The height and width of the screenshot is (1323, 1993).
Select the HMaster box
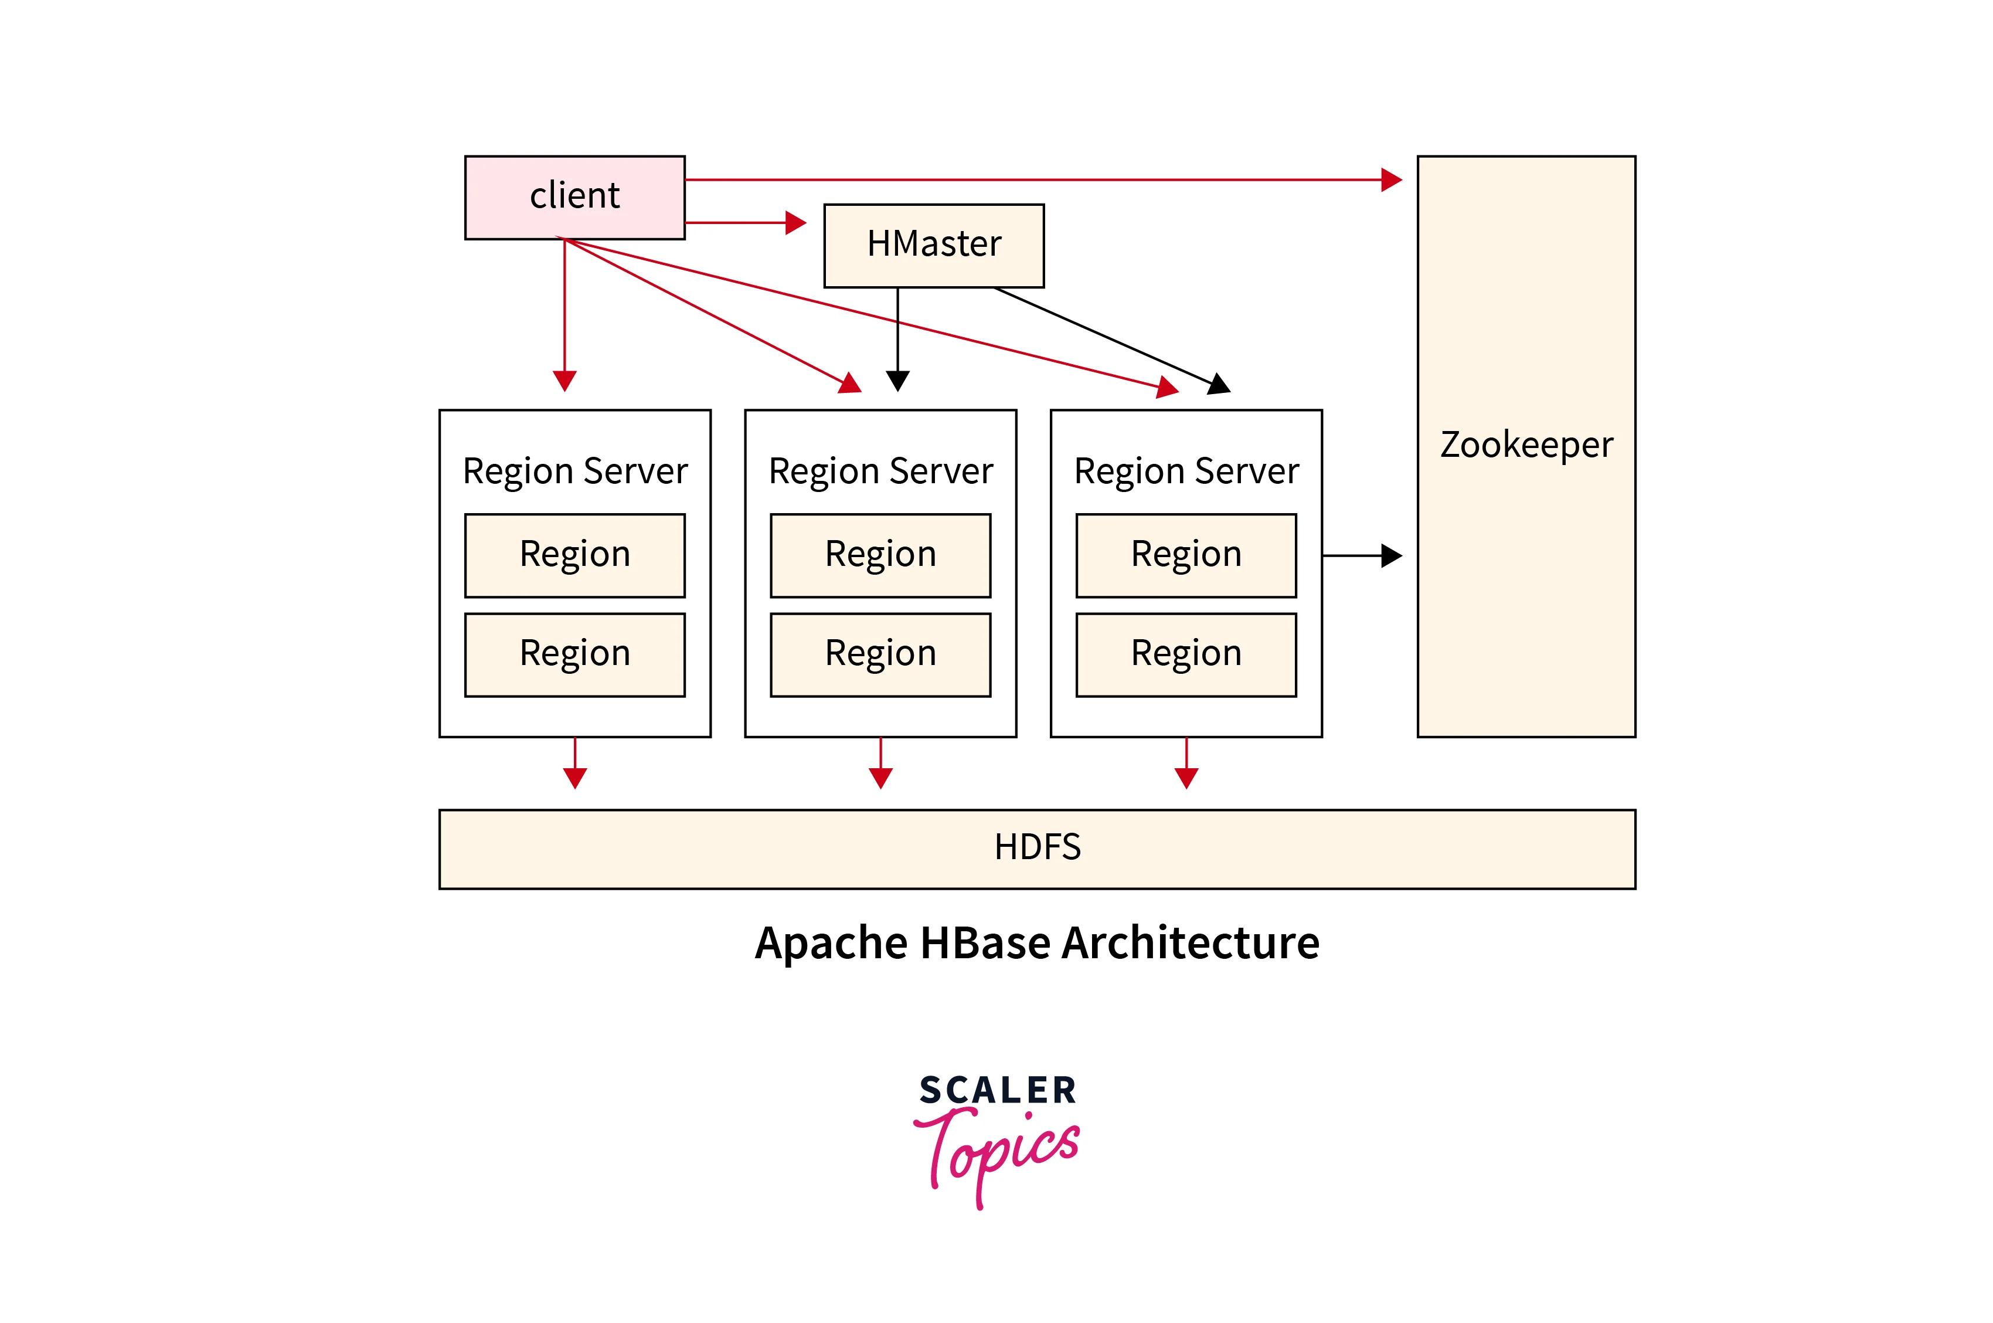coord(934,245)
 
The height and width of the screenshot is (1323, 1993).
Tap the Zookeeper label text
coord(1526,445)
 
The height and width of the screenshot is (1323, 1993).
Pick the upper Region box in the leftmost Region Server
coord(574,555)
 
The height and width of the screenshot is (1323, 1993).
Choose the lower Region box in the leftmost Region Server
coord(574,654)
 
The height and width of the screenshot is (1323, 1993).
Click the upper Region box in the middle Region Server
coord(880,555)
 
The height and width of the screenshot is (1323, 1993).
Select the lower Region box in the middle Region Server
coord(880,654)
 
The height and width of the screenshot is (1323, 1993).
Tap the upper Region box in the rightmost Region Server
coord(1186,555)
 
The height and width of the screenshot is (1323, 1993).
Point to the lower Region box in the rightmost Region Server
coord(1186,654)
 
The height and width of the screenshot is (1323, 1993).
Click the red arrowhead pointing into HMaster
coord(795,223)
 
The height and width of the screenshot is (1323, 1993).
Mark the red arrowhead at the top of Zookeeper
coord(1391,179)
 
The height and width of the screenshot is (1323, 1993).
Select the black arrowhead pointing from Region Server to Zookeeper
coord(1391,555)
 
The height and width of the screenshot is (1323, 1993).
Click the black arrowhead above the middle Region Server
coord(897,381)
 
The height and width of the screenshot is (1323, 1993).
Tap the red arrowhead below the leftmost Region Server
coord(574,778)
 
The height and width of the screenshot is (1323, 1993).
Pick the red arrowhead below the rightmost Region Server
coord(1186,778)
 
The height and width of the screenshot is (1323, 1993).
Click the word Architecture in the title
coord(1190,944)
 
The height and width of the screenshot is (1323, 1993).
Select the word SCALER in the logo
coord(998,1090)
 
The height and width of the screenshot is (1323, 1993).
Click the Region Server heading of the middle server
coord(880,471)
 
